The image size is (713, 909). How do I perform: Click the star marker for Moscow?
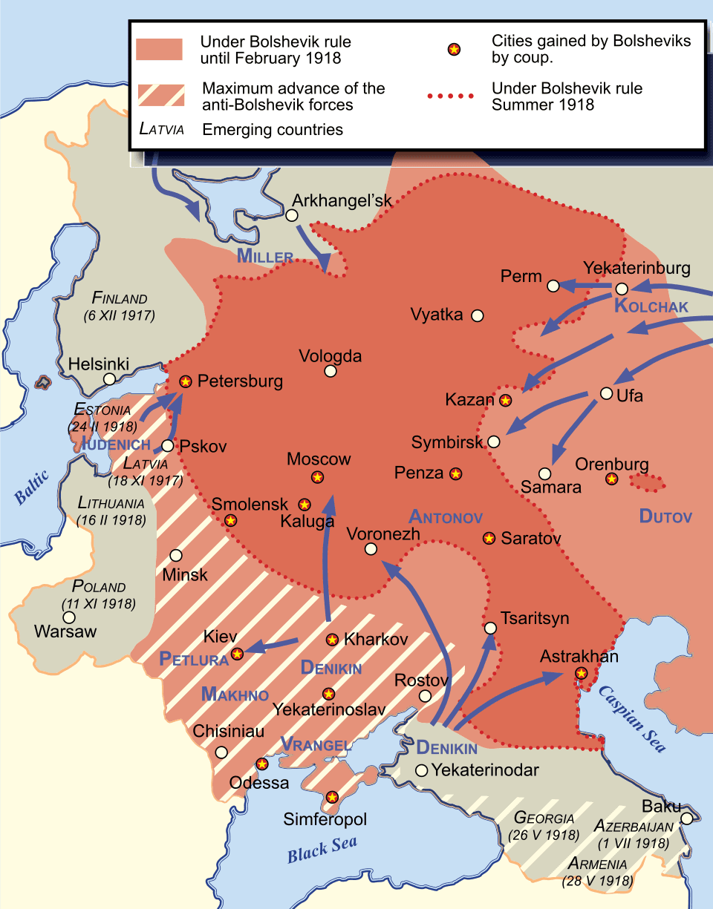click(x=318, y=477)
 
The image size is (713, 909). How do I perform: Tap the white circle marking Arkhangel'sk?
click(x=292, y=216)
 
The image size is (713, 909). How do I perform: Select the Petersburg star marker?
click(x=186, y=381)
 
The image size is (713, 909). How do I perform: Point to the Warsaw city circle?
click(x=69, y=617)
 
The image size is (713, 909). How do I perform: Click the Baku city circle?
click(x=687, y=818)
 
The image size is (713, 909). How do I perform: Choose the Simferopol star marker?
click(x=332, y=797)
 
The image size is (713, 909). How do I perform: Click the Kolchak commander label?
click(x=651, y=306)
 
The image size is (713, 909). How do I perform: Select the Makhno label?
click(x=235, y=695)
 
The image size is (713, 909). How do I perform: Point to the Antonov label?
click(x=446, y=516)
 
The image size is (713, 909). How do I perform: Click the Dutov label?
click(x=665, y=516)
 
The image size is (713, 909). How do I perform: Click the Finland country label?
click(x=120, y=298)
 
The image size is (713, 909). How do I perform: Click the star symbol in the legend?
click(x=453, y=50)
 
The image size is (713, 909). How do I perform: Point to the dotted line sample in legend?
click(x=452, y=96)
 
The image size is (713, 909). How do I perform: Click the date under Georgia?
click(x=544, y=835)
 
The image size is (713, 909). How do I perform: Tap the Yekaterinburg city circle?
click(x=622, y=289)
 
